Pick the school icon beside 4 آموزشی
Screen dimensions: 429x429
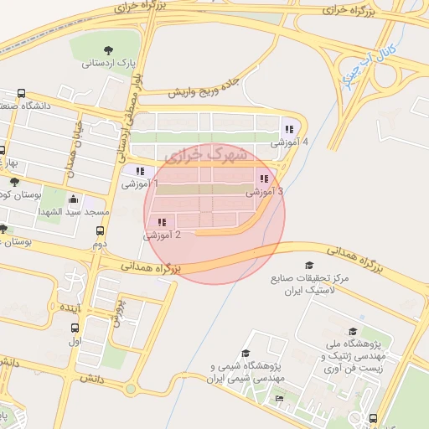(x=289, y=129)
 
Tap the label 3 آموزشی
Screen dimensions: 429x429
(x=264, y=192)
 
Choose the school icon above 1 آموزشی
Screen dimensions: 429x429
(x=140, y=171)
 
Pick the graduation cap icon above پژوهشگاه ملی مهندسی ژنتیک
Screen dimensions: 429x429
(x=353, y=332)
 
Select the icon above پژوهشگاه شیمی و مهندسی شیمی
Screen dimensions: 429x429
(x=246, y=353)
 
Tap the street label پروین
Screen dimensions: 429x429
(x=118, y=310)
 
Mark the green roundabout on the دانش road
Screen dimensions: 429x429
(x=130, y=388)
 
